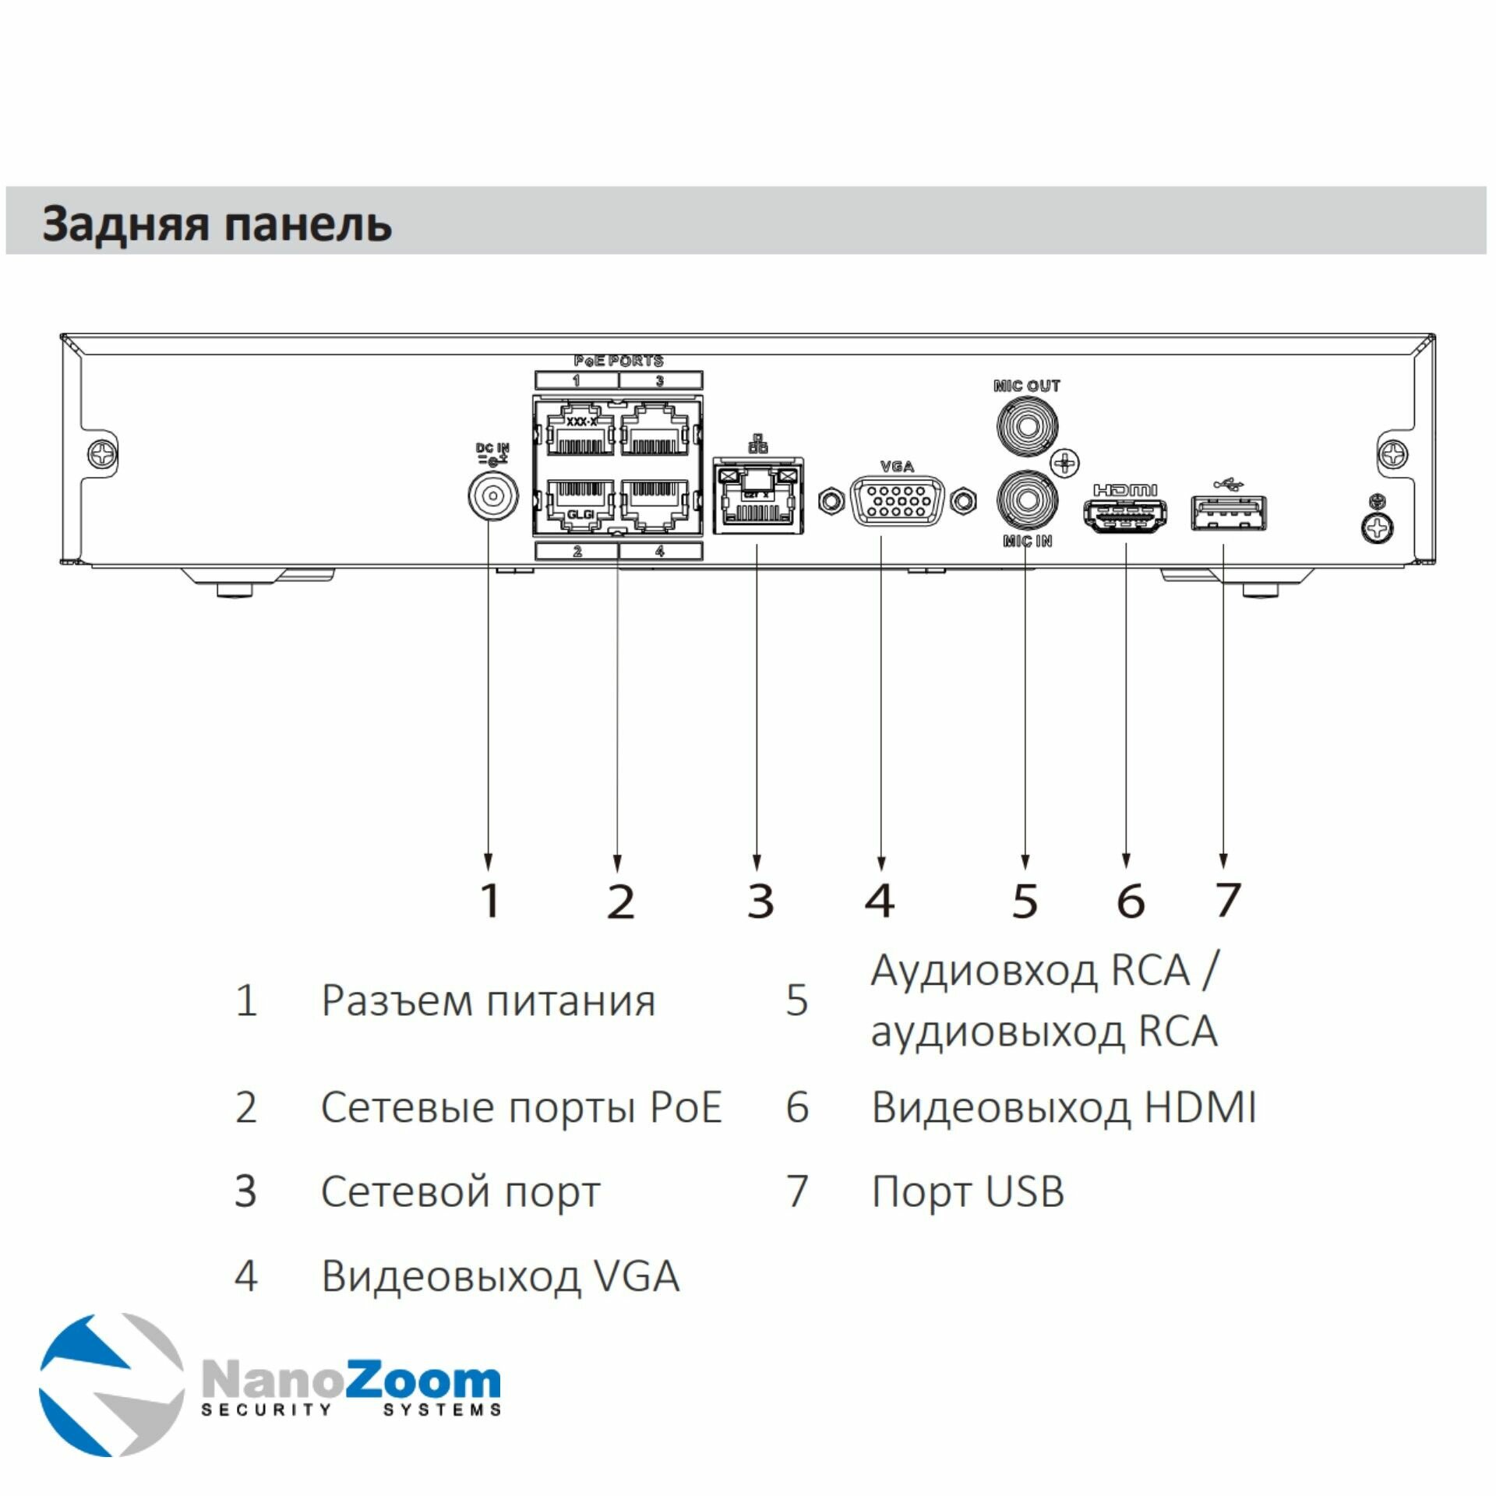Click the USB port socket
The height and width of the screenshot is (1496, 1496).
pyautogui.click(x=1228, y=513)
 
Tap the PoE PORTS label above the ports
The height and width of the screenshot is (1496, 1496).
pyautogui.click(x=619, y=361)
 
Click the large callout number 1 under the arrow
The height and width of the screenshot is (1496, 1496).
pyautogui.click(x=489, y=901)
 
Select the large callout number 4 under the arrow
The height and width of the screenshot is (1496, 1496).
pyautogui.click(x=880, y=901)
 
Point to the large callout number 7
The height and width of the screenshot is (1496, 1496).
pyautogui.click(x=1227, y=901)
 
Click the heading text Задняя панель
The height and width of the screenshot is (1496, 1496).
pyautogui.click(x=217, y=224)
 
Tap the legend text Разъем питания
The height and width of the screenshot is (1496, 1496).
pyautogui.click(x=488, y=1000)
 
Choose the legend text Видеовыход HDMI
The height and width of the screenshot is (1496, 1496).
pyautogui.click(x=1063, y=1107)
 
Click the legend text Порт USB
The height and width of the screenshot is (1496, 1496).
pyautogui.click(x=967, y=1191)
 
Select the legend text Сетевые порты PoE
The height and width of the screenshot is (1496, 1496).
pyautogui.click(x=521, y=1107)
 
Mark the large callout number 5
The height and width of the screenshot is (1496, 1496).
pyautogui.click(x=1025, y=901)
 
